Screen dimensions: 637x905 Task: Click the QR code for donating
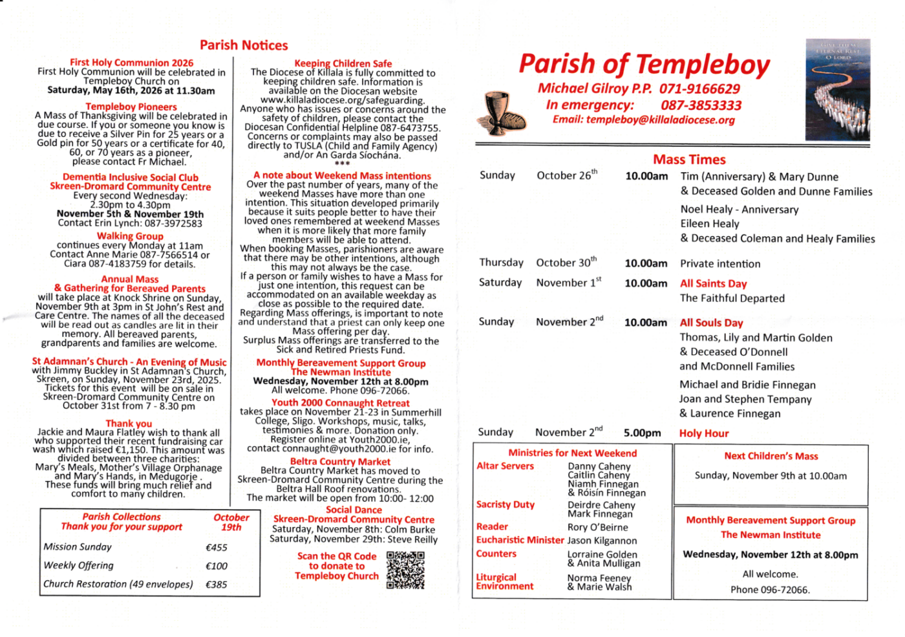click(405, 570)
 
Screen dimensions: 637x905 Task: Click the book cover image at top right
click(837, 89)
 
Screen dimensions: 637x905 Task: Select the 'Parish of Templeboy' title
click(644, 65)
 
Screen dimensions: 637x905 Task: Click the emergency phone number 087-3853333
click(701, 105)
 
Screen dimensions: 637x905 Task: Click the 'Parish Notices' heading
click(244, 45)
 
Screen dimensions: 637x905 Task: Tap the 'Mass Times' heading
click(689, 160)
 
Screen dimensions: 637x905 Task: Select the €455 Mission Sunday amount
click(217, 547)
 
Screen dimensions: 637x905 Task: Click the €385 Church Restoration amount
click(217, 585)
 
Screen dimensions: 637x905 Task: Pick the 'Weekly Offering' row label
click(78, 565)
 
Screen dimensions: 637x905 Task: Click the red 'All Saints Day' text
click(713, 283)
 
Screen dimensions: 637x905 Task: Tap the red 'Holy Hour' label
click(703, 433)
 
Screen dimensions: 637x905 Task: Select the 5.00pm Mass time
click(642, 433)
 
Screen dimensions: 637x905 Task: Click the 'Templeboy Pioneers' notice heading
click(131, 107)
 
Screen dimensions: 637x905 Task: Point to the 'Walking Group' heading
click(130, 236)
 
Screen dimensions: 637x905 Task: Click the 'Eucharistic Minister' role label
click(520, 540)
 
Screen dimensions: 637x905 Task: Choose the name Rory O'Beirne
click(597, 527)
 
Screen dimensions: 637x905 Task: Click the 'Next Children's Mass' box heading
click(771, 456)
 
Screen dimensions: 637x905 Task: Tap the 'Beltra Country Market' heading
click(340, 462)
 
